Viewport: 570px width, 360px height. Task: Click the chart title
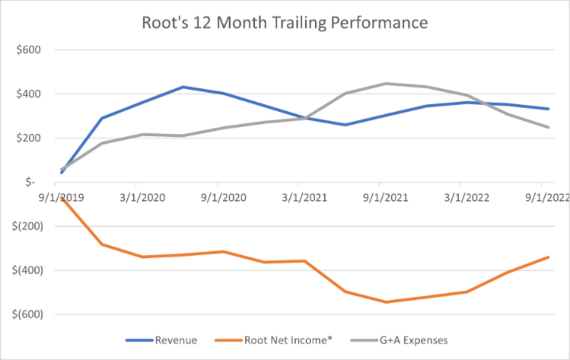tap(284, 23)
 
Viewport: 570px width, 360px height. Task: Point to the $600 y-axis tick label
tap(28, 50)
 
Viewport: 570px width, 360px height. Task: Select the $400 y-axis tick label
tap(28, 94)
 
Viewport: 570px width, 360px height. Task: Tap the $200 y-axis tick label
tap(28, 138)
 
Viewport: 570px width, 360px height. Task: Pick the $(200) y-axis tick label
tap(26, 227)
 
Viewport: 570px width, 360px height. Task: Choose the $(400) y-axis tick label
tap(26, 271)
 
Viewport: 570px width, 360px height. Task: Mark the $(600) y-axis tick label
tap(26, 314)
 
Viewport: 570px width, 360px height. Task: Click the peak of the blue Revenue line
tap(183, 87)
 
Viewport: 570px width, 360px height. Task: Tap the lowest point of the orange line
tap(386, 302)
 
